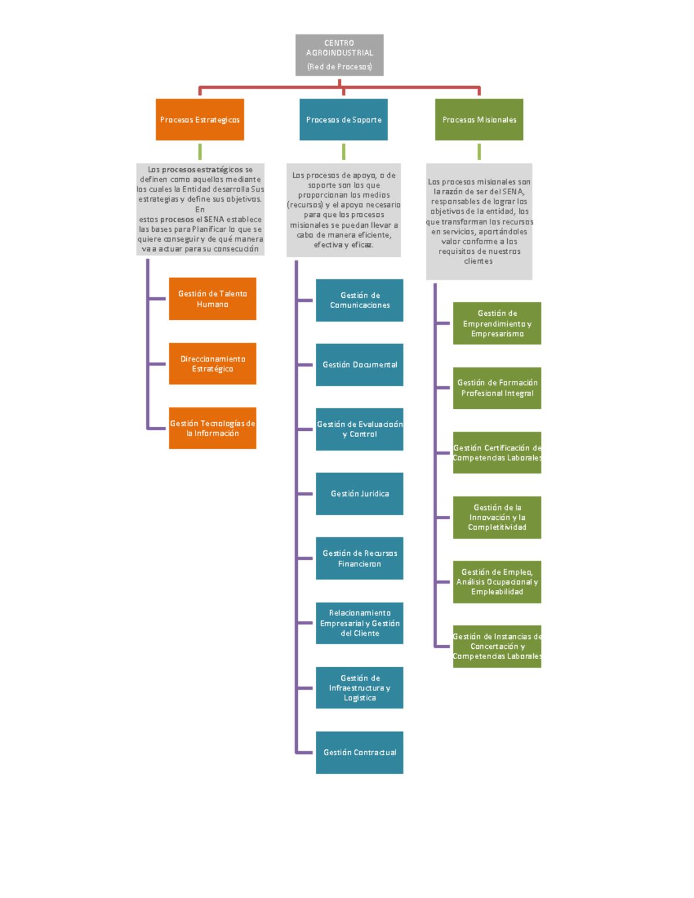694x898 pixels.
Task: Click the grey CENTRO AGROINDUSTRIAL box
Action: [x=339, y=55]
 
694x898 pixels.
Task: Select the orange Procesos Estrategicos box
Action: [x=200, y=120]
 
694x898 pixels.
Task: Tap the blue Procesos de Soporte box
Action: [x=344, y=120]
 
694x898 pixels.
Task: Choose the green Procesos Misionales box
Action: [x=479, y=120]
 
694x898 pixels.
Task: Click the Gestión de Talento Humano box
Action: [x=212, y=299]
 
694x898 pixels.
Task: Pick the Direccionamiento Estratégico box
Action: [x=212, y=364]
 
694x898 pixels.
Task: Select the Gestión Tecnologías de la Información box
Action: [x=212, y=428]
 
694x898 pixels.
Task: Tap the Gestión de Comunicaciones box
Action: [x=359, y=300]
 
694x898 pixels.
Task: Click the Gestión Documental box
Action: [x=359, y=365]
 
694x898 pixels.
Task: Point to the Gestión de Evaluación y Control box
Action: [x=359, y=429]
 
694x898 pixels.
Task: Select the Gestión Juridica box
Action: [x=359, y=494]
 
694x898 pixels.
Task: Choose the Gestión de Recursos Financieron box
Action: [x=359, y=559]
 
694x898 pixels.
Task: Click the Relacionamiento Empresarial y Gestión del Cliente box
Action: [x=359, y=623]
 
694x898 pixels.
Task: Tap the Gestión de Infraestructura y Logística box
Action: [x=359, y=688]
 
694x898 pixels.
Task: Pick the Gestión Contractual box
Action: [x=359, y=752]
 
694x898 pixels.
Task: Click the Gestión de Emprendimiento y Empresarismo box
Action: [x=497, y=323]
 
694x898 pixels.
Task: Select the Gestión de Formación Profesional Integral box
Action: [x=497, y=388]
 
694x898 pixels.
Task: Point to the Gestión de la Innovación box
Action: [x=497, y=518]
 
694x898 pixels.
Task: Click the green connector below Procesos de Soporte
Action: [x=344, y=151]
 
